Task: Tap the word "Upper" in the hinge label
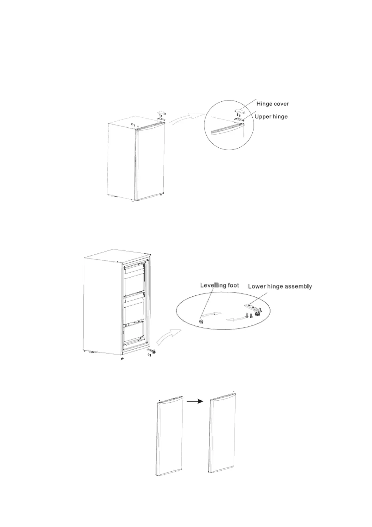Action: tap(263, 116)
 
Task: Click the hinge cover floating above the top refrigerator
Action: tap(162, 112)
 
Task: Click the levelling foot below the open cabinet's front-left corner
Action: tap(123, 359)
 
